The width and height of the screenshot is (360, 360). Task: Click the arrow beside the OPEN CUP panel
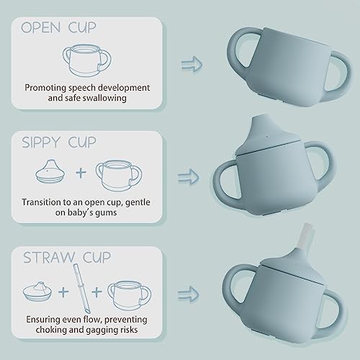(191, 65)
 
